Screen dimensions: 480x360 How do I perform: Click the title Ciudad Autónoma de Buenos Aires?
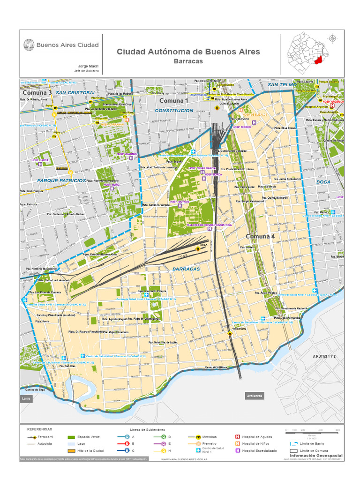tap(188, 52)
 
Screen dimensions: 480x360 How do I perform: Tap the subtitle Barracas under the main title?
tap(188, 61)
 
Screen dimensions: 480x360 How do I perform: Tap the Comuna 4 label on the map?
tap(260, 236)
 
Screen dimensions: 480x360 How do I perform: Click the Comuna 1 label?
tap(173, 100)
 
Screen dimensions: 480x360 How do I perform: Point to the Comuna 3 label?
tap(37, 93)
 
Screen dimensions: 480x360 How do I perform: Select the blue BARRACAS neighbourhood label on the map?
tap(186, 269)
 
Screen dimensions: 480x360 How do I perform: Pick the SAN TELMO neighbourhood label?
tap(280, 84)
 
